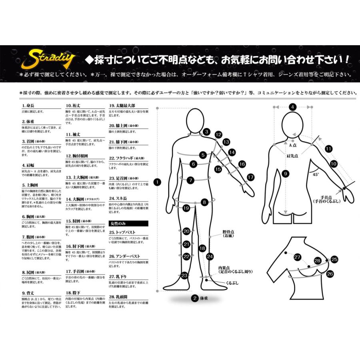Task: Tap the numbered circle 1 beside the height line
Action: tap(157, 182)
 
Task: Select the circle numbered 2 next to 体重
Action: tap(195, 298)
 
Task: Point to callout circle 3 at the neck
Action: tap(206, 132)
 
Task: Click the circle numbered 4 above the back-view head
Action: tap(292, 107)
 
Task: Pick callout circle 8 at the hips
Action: tap(204, 202)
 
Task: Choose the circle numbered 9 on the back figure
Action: tap(285, 174)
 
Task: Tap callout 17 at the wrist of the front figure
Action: tap(250, 177)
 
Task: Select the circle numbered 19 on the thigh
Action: tap(186, 208)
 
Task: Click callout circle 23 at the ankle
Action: tap(184, 275)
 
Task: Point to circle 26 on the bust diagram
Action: tap(330, 274)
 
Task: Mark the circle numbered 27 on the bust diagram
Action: tap(297, 257)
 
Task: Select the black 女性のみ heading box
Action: tap(128, 223)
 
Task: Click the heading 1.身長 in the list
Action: tap(28, 107)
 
